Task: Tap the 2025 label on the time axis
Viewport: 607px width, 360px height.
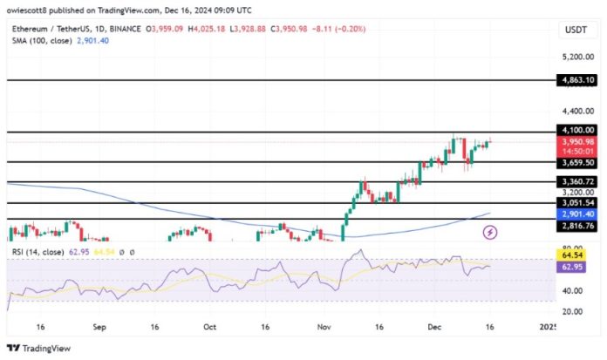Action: (x=548, y=328)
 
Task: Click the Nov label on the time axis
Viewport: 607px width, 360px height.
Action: (x=323, y=328)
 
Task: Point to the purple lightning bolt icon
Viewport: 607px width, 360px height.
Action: (x=490, y=232)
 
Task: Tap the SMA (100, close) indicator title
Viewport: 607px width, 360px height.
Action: (x=38, y=41)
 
